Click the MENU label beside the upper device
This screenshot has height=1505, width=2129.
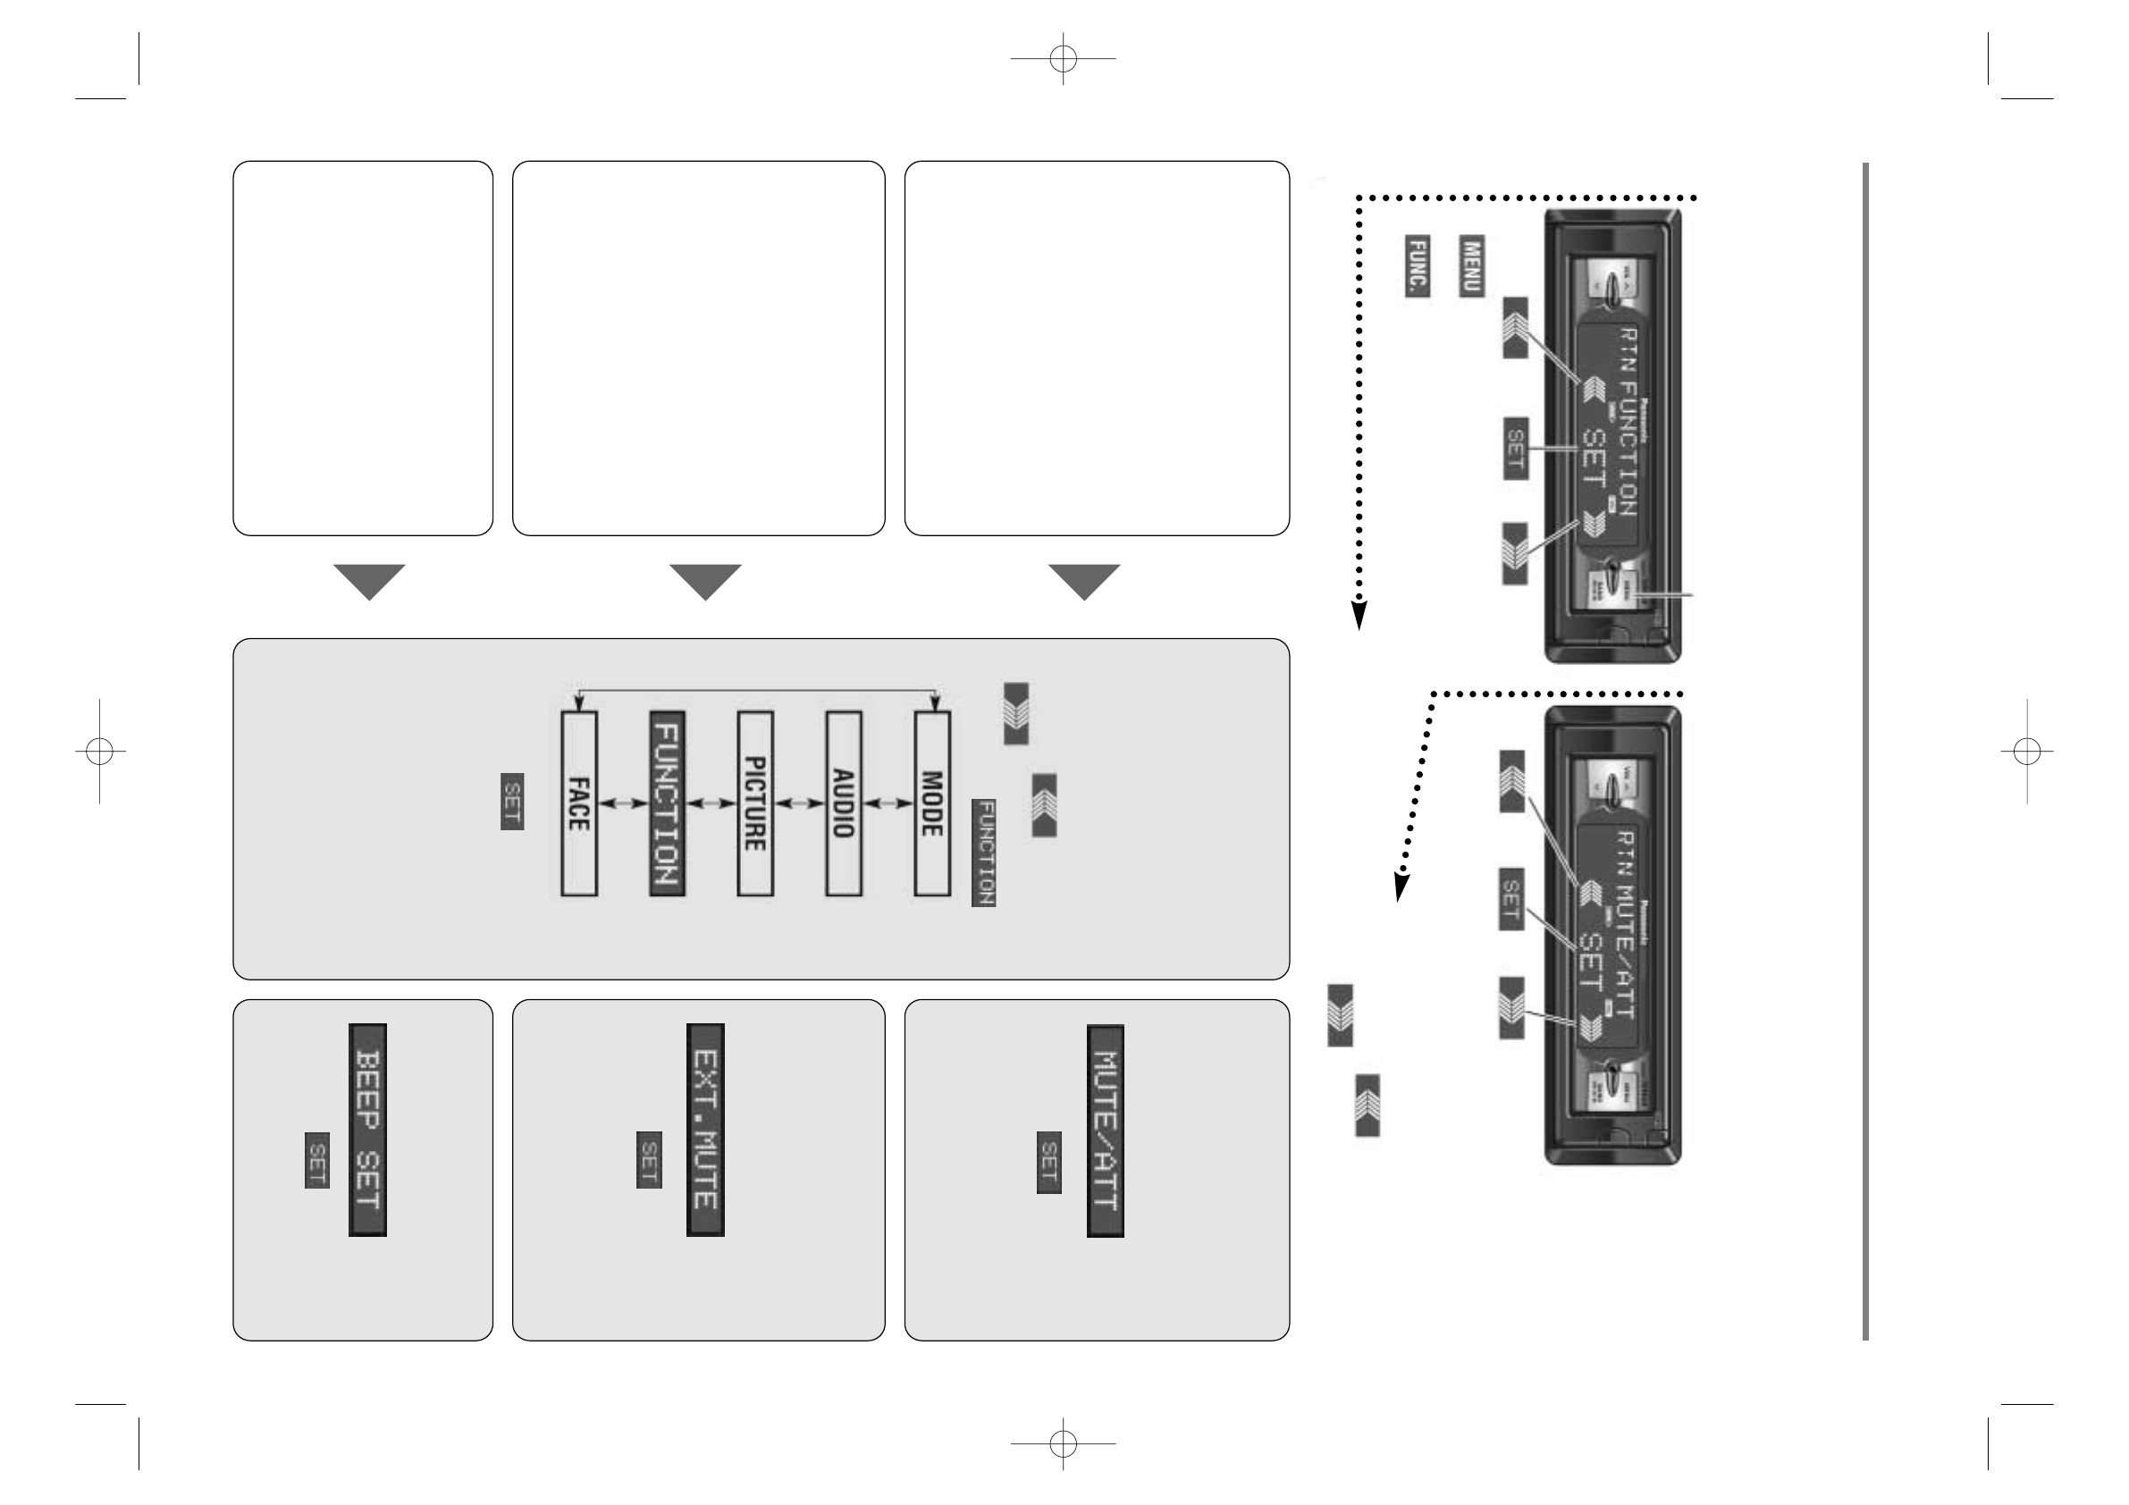click(x=1472, y=266)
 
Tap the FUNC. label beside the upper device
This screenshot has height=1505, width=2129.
click(x=1417, y=266)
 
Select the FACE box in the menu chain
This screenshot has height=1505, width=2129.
click(x=578, y=803)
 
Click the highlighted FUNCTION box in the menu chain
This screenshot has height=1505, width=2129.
click(x=668, y=803)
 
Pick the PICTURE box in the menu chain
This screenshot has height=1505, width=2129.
click(x=754, y=803)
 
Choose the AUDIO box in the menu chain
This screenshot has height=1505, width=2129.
click(x=843, y=803)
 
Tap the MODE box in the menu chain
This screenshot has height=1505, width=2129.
click(x=932, y=803)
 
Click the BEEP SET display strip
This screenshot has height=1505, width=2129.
click(x=367, y=1130)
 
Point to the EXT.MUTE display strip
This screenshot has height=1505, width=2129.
click(x=704, y=1130)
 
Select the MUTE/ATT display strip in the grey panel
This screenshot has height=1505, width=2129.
click(x=1106, y=1131)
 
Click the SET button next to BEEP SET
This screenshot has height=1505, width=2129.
click(x=317, y=1159)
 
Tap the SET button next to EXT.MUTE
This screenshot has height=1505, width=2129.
click(x=649, y=1159)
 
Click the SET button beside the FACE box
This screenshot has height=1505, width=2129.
click(x=512, y=801)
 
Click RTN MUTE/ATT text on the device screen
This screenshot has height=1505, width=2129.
click(x=1625, y=923)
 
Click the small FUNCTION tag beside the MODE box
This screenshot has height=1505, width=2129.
click(x=984, y=853)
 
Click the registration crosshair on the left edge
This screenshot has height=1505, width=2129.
click(x=99, y=751)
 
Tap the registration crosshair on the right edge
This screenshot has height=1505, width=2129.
click(x=2027, y=751)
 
